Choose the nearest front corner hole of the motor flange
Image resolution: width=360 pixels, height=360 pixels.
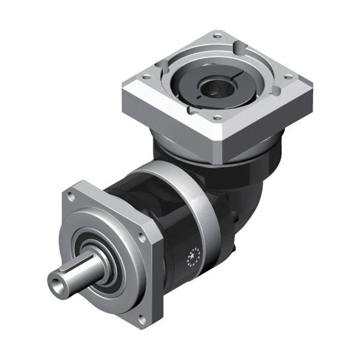point(216,118)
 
